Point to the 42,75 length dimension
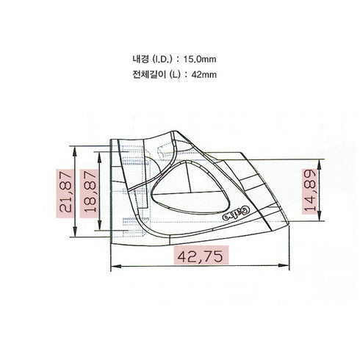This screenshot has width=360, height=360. coord(200,256)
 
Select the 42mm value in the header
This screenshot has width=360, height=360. coord(207,74)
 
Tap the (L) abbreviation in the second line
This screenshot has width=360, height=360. coord(173,74)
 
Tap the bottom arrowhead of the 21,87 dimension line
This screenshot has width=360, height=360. coord(76,237)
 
